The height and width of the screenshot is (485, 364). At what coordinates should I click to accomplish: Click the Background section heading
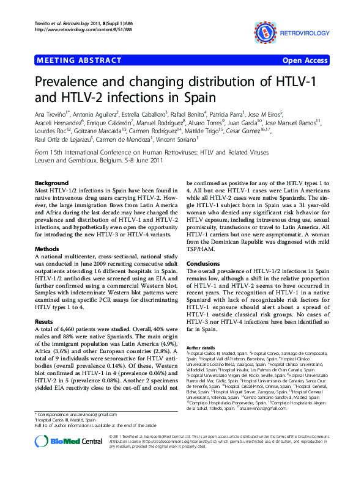(52, 183)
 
